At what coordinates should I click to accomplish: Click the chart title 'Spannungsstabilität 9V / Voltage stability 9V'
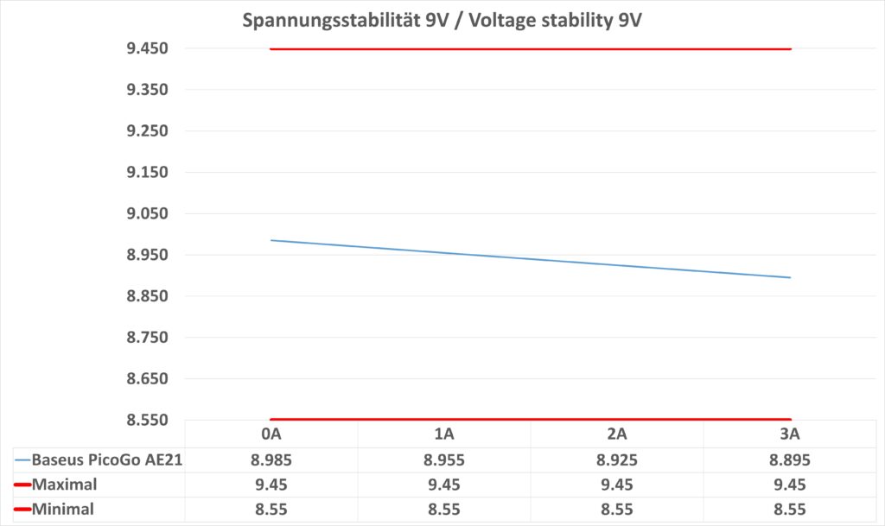pyautogui.click(x=441, y=19)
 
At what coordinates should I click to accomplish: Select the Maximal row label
pyautogui.click(x=65, y=485)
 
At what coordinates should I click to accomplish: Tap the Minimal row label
pyautogui.click(x=63, y=510)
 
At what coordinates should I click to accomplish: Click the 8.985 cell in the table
pyautogui.click(x=271, y=459)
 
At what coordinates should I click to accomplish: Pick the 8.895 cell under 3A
pyautogui.click(x=790, y=459)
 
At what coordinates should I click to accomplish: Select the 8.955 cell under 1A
pyautogui.click(x=444, y=459)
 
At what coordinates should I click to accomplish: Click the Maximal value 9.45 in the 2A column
pyautogui.click(x=617, y=485)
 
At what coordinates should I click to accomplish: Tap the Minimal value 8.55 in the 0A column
pyautogui.click(x=271, y=510)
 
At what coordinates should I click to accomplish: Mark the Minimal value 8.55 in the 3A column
pyautogui.click(x=790, y=510)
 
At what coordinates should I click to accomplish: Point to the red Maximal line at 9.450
pyautogui.click(x=531, y=49)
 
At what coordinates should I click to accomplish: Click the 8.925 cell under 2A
pyautogui.click(x=617, y=459)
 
